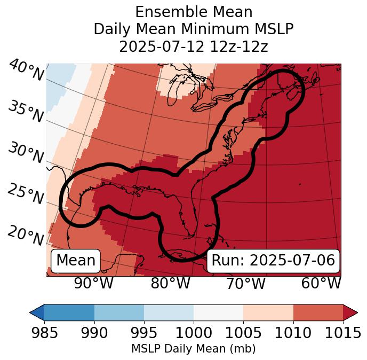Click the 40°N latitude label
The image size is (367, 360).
26,71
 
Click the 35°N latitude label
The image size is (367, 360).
26,111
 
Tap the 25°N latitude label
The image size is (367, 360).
26,194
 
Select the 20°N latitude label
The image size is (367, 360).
26,235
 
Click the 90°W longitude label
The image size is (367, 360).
93,283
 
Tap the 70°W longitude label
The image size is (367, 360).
246,283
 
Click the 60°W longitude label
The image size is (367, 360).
321,283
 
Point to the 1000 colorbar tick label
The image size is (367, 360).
194,333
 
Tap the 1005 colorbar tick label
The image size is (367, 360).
243,333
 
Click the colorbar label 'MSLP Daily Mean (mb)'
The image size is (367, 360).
193,349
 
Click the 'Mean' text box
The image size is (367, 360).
76,261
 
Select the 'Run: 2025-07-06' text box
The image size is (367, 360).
273,261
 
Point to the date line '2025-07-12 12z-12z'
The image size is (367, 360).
194,46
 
